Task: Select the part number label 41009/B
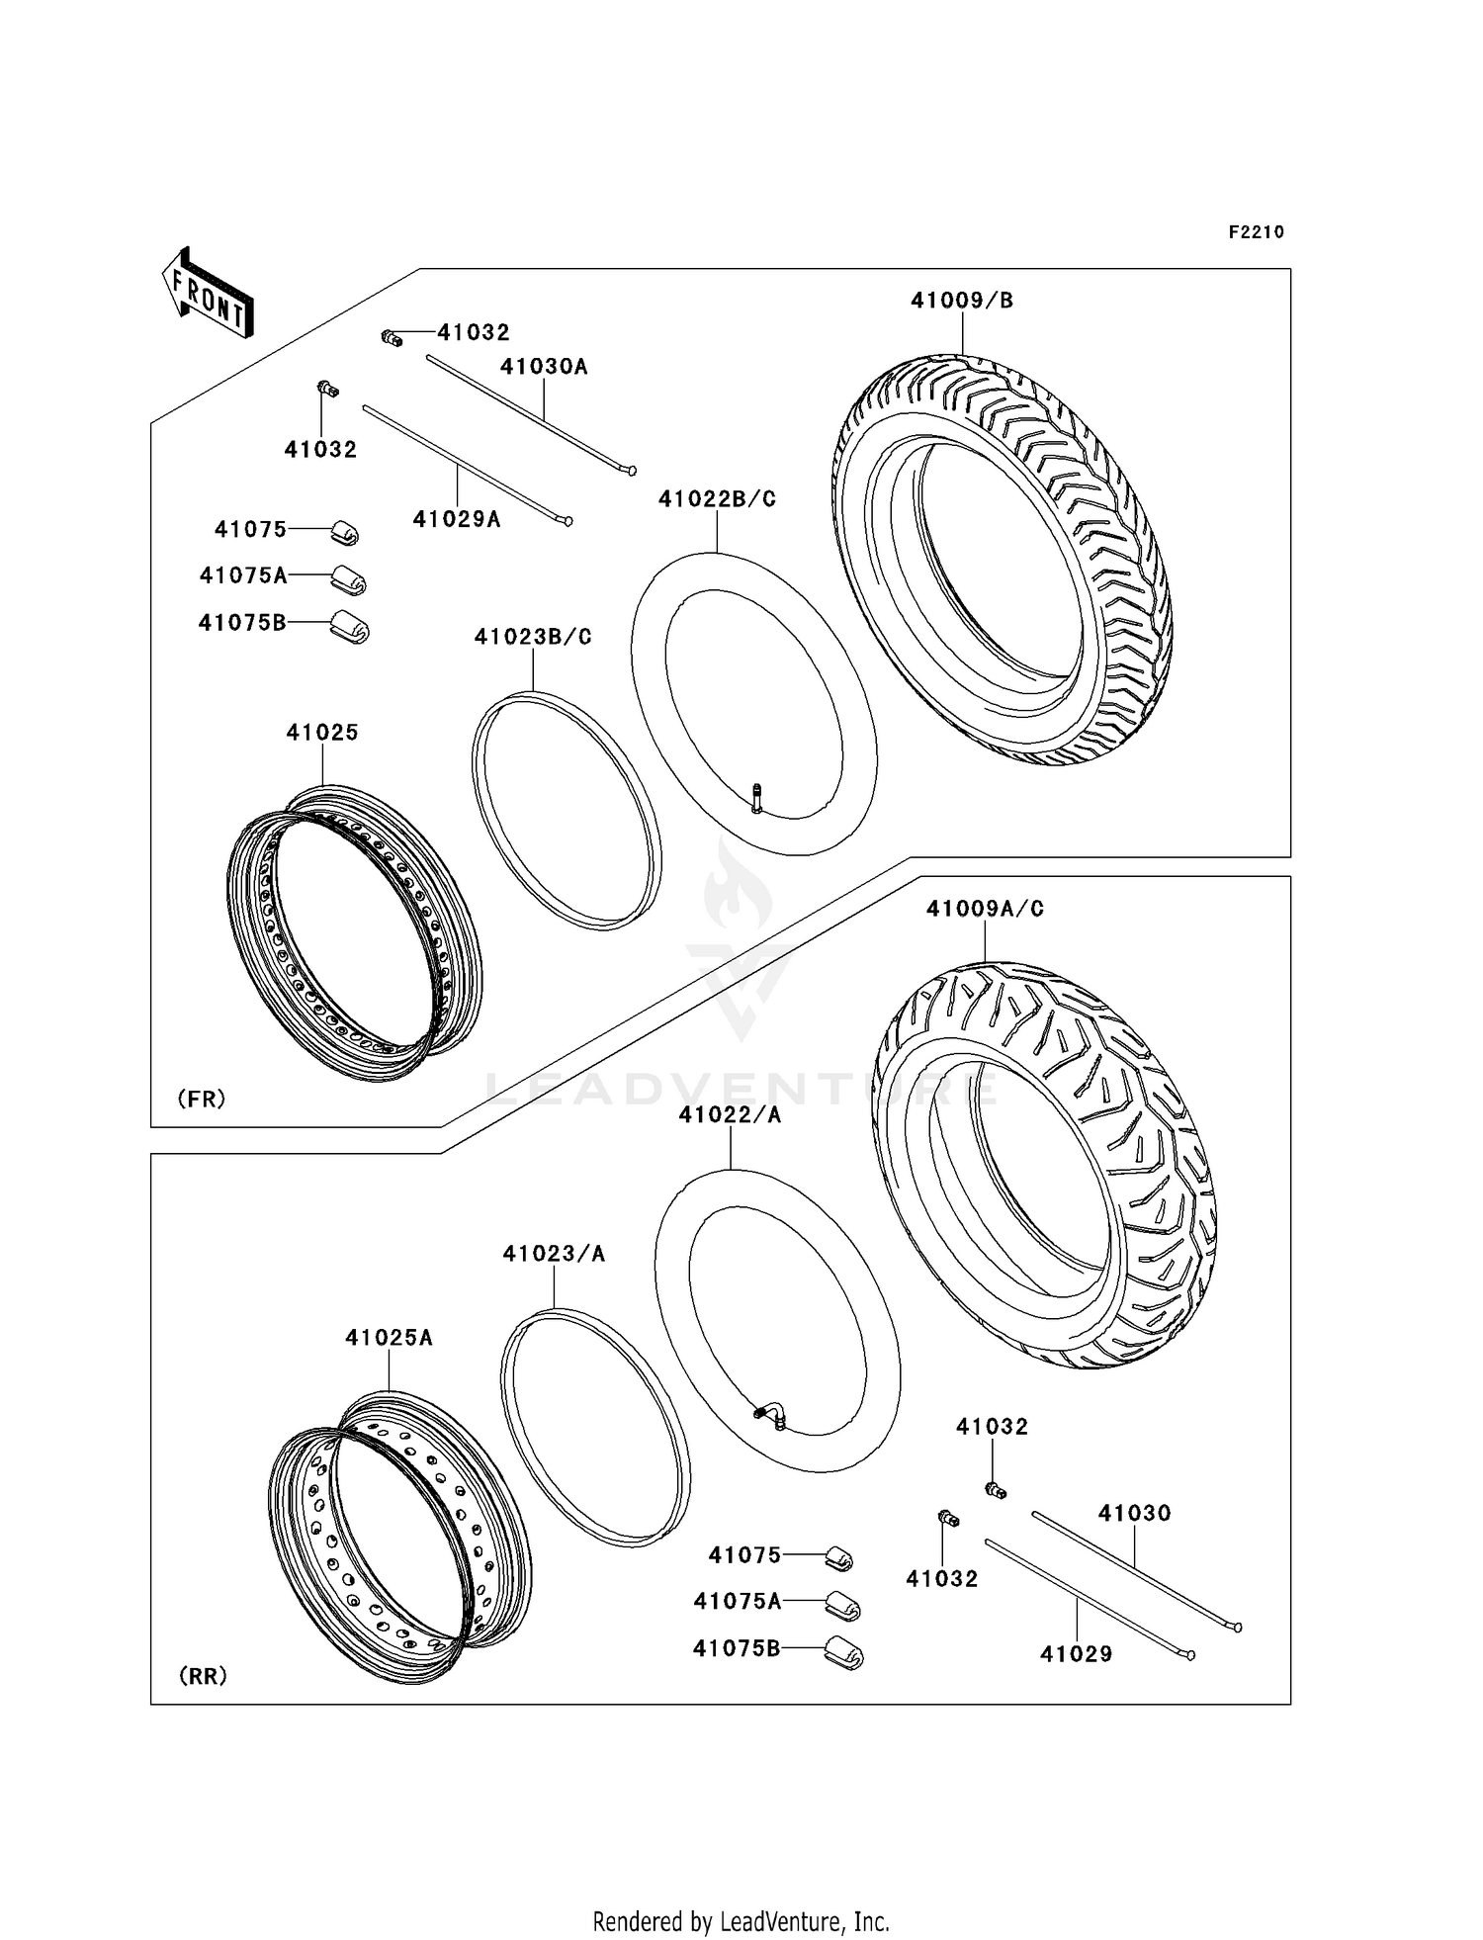click(x=961, y=301)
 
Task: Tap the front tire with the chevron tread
click(x=1003, y=560)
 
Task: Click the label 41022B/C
click(x=717, y=499)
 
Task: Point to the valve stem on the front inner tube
click(x=757, y=797)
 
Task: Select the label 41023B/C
click(x=533, y=638)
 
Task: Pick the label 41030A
click(x=544, y=367)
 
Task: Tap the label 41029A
click(x=457, y=519)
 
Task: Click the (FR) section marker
click(x=202, y=1099)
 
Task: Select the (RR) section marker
click(x=203, y=1676)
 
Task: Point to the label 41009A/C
click(x=985, y=909)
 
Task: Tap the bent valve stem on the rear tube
click(x=772, y=1416)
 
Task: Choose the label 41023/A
click(x=554, y=1254)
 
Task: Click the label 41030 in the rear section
click(x=1134, y=1513)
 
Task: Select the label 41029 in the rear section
click(x=1076, y=1653)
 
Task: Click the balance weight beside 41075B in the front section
click(x=349, y=626)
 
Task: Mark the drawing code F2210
click(x=1256, y=232)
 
